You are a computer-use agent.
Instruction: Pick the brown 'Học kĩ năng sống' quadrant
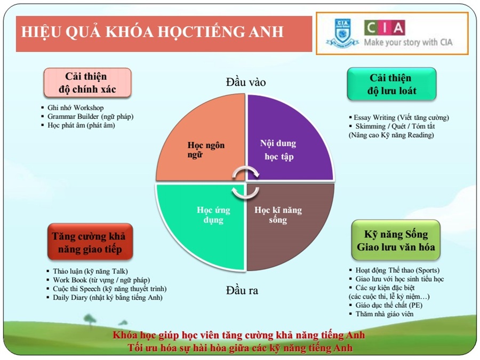tap(285, 220)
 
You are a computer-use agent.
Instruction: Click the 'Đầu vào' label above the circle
tap(246, 82)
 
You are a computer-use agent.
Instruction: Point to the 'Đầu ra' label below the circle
tap(242, 290)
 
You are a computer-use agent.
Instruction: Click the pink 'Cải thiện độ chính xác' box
tap(87, 83)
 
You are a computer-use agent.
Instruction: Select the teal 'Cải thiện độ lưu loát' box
tap(391, 84)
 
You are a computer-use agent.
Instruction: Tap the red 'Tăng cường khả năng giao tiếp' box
tap(90, 242)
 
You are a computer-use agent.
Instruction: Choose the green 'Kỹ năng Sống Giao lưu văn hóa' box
tap(396, 241)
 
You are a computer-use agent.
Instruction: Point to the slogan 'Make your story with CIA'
tap(408, 42)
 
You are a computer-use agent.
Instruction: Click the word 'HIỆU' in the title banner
tap(41, 33)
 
